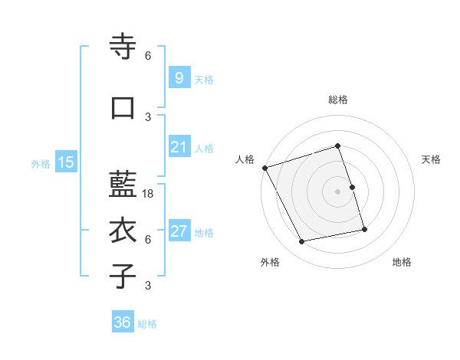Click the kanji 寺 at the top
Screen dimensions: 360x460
coord(123,47)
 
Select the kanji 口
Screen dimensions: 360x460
coord(123,107)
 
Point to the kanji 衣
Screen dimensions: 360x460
coord(123,231)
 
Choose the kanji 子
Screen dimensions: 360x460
coord(123,276)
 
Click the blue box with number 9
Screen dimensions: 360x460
coord(179,78)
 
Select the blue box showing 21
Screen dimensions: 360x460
coord(179,147)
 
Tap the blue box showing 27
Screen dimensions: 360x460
coord(179,231)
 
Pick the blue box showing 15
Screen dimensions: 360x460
coord(65,162)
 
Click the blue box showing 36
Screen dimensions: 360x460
coord(122,322)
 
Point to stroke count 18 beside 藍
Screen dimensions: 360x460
coord(149,194)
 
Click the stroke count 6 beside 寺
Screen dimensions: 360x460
coord(148,56)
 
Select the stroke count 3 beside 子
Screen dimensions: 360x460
coord(148,286)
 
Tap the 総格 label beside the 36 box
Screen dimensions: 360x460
coord(147,324)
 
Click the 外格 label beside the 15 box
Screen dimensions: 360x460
coord(40,163)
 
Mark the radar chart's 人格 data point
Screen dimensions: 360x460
coord(265,168)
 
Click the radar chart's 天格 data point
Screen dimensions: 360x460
coord(352,186)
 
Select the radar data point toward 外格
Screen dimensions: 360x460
coord(302,242)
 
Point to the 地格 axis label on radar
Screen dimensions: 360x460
coord(402,262)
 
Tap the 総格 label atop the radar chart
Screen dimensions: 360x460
coord(338,100)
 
